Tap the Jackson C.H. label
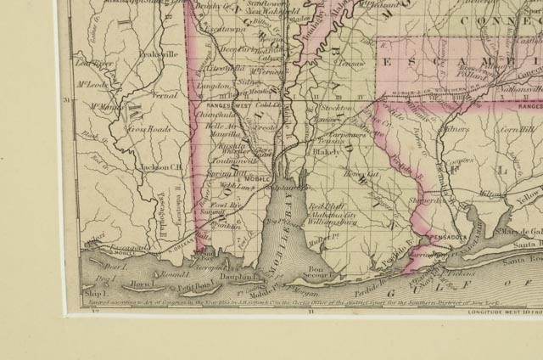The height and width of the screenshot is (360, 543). click(x=163, y=167)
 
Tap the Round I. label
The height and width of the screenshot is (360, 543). click(x=173, y=274)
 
